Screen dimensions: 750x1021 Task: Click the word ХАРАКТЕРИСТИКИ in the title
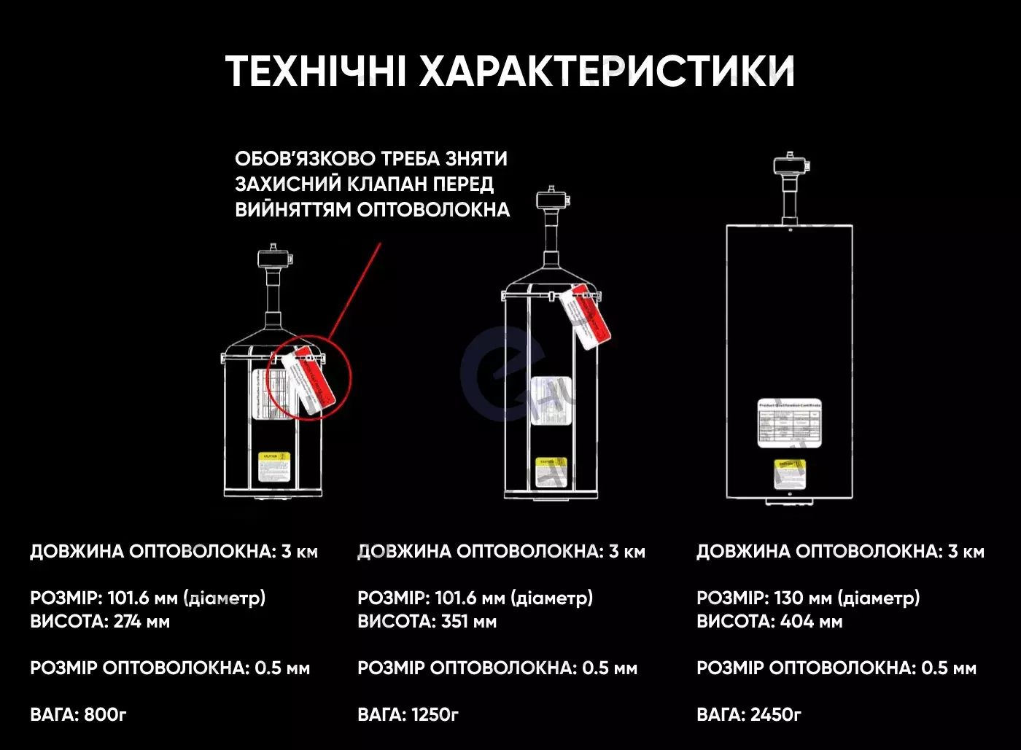click(x=607, y=71)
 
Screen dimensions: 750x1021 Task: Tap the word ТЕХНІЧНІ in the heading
click(x=316, y=71)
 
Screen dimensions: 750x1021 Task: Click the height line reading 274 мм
click(x=100, y=622)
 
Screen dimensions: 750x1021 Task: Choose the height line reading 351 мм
click(x=427, y=622)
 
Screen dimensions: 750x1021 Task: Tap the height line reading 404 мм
click(x=769, y=622)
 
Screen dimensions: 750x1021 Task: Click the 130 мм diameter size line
click(x=808, y=598)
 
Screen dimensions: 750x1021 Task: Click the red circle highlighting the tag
click(x=308, y=378)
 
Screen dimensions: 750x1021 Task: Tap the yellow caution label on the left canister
click(x=274, y=467)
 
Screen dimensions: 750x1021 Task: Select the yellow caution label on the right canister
click(x=789, y=473)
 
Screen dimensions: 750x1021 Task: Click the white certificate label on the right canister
click(x=789, y=423)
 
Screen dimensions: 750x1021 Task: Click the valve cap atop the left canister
click(x=274, y=257)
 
